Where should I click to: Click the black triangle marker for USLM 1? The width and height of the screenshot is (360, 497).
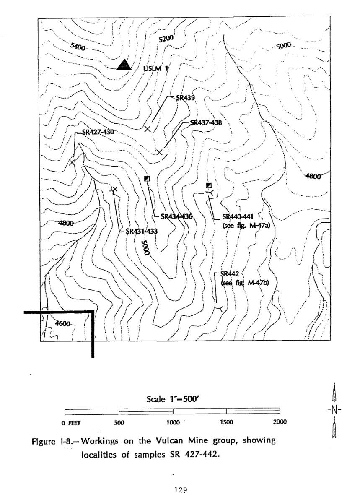pyautogui.click(x=124, y=65)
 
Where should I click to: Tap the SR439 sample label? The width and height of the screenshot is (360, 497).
pyautogui.click(x=185, y=98)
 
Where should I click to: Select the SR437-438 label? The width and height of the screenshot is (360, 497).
pyautogui.click(x=206, y=122)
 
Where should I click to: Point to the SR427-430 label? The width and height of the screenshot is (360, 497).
pyautogui.click(x=98, y=132)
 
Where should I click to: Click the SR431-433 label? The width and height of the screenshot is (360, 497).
pyautogui.click(x=142, y=231)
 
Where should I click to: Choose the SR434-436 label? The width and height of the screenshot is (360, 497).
pyautogui.click(x=177, y=216)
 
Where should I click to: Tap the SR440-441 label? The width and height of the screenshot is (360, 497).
pyautogui.click(x=238, y=216)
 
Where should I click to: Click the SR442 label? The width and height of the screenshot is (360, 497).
pyautogui.click(x=229, y=274)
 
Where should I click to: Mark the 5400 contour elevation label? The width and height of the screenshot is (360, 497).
pyautogui.click(x=78, y=47)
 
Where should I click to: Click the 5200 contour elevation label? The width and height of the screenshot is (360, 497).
pyautogui.click(x=166, y=39)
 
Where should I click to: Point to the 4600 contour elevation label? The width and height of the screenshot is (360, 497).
pyautogui.click(x=62, y=324)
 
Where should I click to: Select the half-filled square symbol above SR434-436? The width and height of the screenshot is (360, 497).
pyautogui.click(x=147, y=178)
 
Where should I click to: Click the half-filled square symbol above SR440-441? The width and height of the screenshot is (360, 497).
pyautogui.click(x=209, y=185)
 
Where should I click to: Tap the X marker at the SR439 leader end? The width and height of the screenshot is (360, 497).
pyautogui.click(x=147, y=129)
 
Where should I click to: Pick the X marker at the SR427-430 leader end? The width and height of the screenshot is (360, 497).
pyautogui.click(x=72, y=162)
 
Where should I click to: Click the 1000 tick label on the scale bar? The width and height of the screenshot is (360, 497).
pyautogui.click(x=173, y=422)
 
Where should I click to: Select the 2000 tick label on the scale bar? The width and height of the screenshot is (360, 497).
pyautogui.click(x=280, y=422)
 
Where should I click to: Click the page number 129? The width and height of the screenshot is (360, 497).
pyautogui.click(x=181, y=490)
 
